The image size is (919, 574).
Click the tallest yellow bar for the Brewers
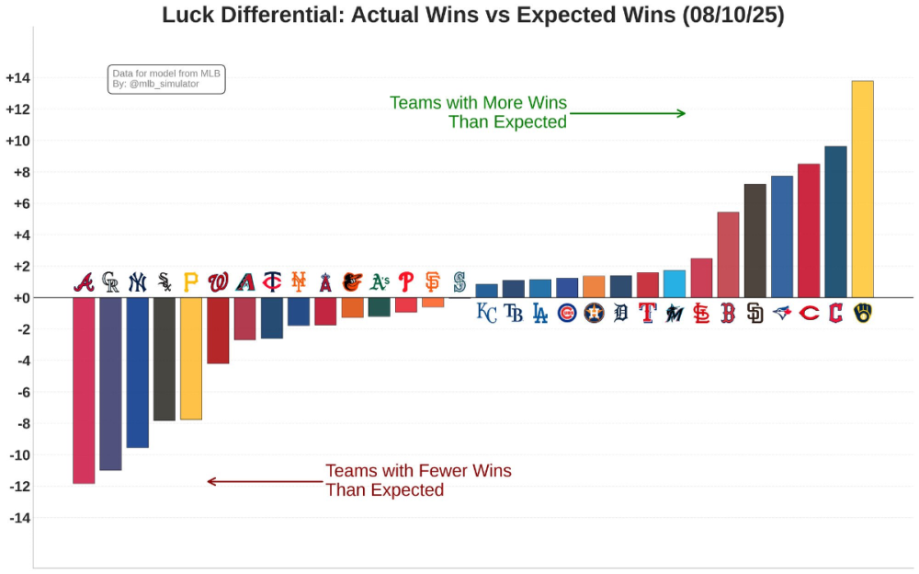point(862,189)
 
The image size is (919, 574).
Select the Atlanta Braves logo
point(84,282)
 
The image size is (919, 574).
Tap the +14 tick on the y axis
point(17,78)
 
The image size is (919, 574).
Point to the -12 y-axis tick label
point(19,486)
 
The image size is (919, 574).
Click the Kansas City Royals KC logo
point(486,314)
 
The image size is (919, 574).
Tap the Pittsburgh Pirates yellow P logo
point(191,282)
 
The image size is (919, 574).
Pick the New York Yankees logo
point(137,282)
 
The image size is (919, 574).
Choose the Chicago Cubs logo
point(567,314)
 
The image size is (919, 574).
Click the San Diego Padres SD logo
point(754,314)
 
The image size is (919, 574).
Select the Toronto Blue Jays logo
point(782,314)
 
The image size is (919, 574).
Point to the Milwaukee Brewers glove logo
point(862,314)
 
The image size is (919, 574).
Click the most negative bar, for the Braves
point(84,390)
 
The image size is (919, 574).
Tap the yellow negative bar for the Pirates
point(191,359)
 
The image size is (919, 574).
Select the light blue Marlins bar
point(675,284)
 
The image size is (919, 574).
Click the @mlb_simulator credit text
point(164,85)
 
